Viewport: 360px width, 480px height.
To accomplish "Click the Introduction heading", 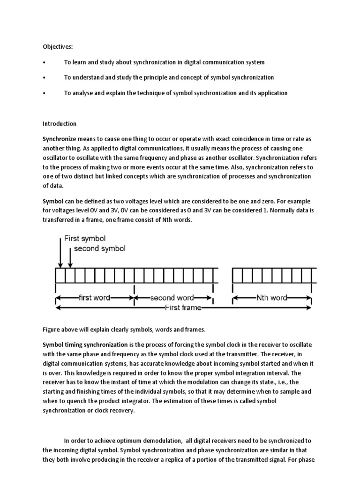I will pos(60,124).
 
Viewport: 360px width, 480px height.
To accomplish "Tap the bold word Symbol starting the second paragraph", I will pos(52,201).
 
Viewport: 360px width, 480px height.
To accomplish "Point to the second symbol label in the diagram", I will pos(99,248).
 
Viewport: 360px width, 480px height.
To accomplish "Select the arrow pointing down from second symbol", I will pos(70,257).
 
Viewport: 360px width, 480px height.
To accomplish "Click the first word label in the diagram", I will pos(96,298).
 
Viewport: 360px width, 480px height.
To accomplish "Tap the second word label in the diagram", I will pos(172,298).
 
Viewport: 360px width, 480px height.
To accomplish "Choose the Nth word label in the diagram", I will pos(271,298).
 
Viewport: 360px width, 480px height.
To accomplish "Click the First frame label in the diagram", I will pos(183,308).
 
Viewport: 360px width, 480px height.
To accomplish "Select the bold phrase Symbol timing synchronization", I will pos(85,345).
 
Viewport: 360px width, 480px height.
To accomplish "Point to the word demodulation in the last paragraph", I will pos(161,441).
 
